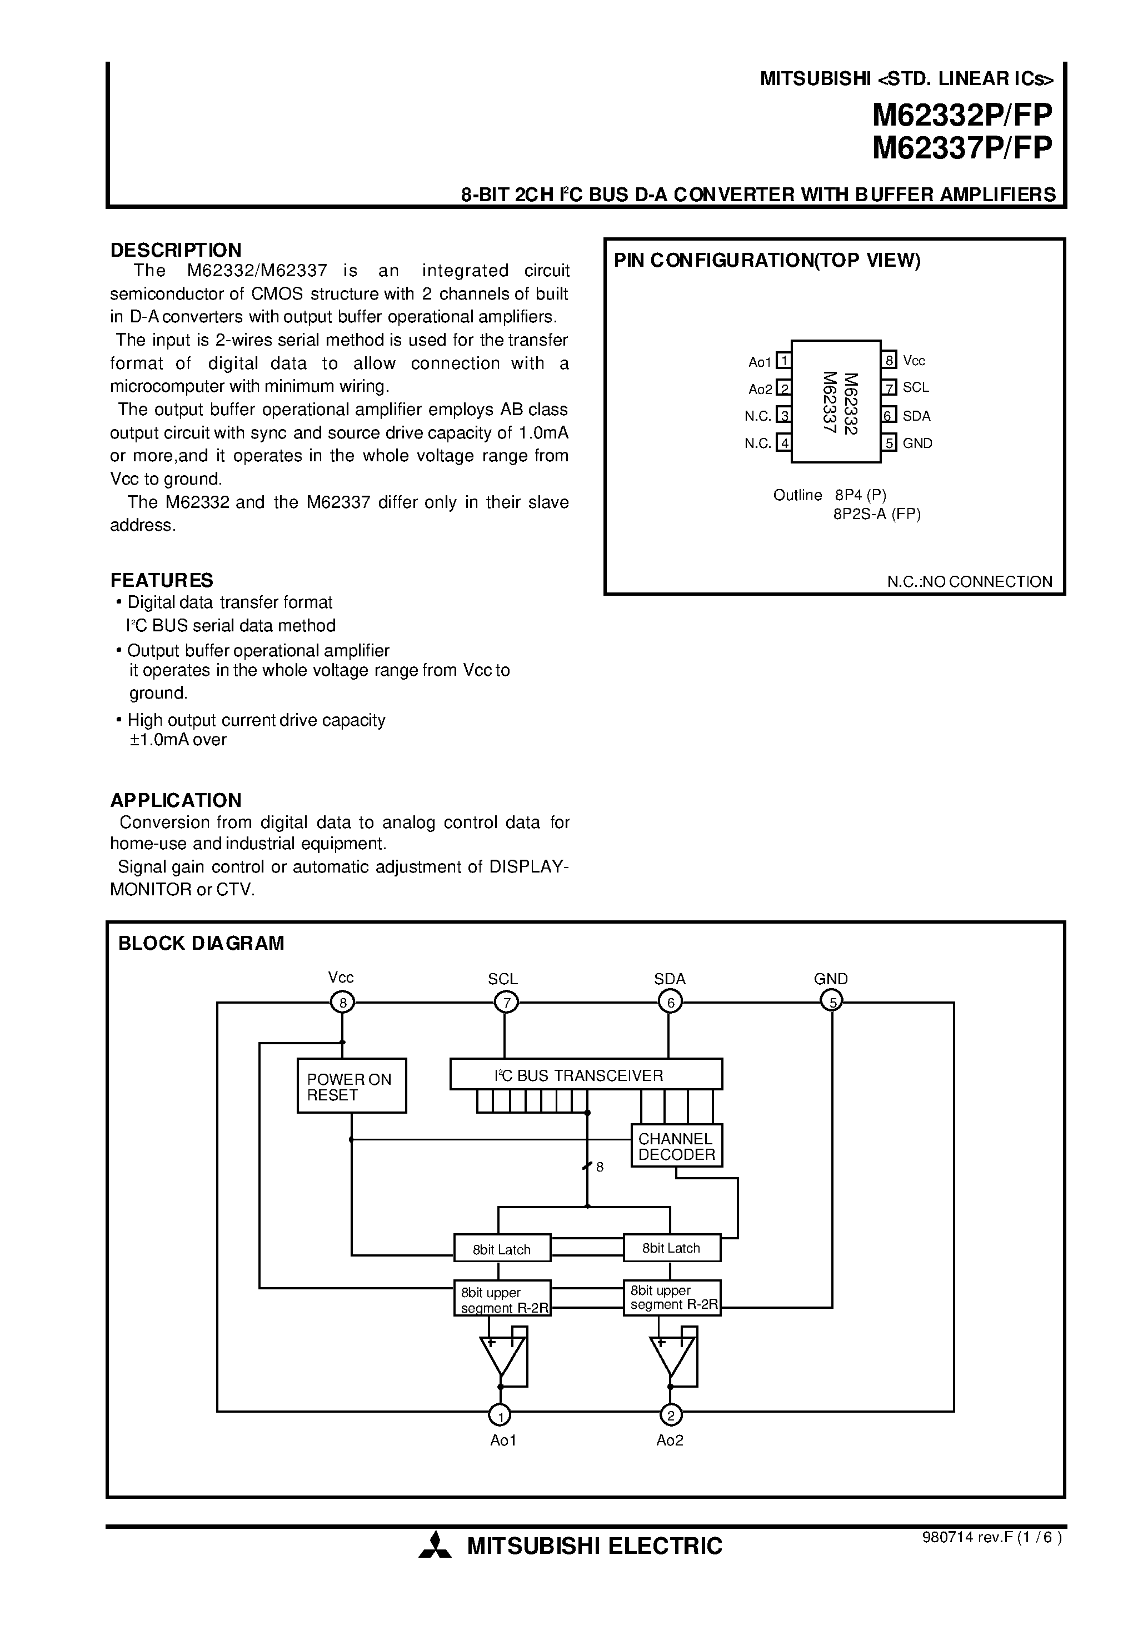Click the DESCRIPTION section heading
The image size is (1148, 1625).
[176, 250]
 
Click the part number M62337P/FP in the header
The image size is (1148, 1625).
[962, 148]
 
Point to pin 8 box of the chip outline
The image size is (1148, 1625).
[890, 360]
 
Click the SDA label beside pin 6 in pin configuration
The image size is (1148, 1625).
[916, 416]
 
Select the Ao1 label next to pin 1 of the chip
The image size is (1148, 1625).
[760, 362]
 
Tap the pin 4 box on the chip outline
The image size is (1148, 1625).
[783, 443]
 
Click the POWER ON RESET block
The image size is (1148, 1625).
[351, 1086]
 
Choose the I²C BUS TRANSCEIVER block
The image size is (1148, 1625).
[586, 1075]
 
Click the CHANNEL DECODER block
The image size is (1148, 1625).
[677, 1147]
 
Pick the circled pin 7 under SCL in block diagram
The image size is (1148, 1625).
[505, 1002]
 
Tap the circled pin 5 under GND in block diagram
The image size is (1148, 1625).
[832, 1001]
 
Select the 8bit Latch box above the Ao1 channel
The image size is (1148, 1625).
[502, 1249]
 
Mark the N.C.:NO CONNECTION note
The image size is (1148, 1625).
[970, 581]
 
